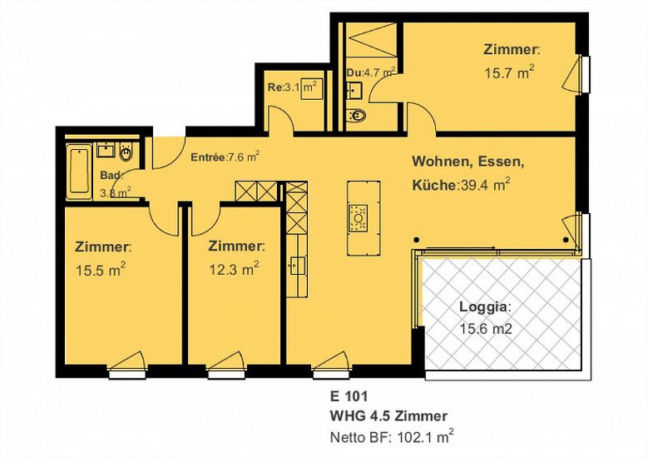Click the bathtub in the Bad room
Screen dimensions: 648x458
click(80, 172)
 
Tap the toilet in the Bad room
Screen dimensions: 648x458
click(126, 152)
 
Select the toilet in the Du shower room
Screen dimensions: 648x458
click(355, 116)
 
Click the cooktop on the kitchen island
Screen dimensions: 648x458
click(358, 217)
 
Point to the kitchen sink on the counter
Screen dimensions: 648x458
click(297, 266)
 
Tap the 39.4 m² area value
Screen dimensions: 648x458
click(483, 185)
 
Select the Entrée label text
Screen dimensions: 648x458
click(208, 157)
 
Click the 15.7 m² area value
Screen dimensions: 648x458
click(509, 72)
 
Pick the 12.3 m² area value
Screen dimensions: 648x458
click(234, 269)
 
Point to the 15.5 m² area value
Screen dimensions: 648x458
click(101, 270)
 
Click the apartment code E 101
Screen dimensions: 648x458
click(349, 396)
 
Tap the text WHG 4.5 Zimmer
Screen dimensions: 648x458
click(388, 416)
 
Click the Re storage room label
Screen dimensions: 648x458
click(274, 87)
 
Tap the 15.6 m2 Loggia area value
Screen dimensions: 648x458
click(486, 329)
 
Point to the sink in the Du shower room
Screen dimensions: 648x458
click(354, 89)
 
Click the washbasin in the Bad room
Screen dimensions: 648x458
click(106, 150)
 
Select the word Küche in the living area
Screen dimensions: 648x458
click(433, 185)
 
